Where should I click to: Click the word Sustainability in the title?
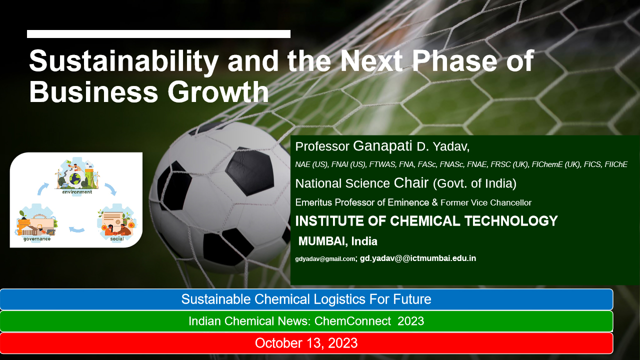click(123, 61)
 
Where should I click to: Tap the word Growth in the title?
click(218, 92)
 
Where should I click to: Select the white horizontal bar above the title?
click(158, 34)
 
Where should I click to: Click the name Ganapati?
click(382, 146)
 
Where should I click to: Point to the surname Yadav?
click(451, 147)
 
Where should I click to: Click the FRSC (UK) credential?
click(509, 164)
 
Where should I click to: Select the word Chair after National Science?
click(411, 183)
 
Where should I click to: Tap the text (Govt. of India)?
click(474, 183)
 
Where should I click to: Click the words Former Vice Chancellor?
click(486, 202)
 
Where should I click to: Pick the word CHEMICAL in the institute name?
click(425, 221)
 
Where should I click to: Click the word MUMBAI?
click(323, 241)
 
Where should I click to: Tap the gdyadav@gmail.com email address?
click(325, 259)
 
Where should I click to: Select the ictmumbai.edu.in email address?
click(417, 258)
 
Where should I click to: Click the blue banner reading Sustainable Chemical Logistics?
click(306, 299)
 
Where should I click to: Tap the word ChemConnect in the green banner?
click(352, 321)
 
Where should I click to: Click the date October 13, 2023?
click(306, 343)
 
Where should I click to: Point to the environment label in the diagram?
click(77, 192)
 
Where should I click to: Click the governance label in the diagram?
click(37, 239)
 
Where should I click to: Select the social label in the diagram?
click(117, 238)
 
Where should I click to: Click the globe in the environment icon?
click(75, 179)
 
